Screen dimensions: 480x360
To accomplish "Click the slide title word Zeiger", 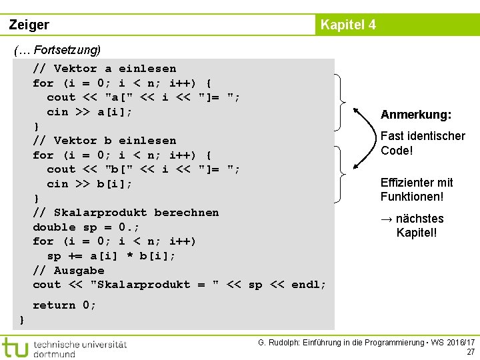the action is [29, 25].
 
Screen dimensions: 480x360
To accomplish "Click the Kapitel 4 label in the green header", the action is [348, 25].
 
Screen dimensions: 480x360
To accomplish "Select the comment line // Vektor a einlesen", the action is [105, 69].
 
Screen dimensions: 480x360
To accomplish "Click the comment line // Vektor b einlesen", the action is [105, 141].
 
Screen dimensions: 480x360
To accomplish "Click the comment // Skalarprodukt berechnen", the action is [126, 213].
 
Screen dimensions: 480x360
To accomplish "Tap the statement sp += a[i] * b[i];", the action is [111, 256].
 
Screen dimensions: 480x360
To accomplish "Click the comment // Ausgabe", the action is [69, 271].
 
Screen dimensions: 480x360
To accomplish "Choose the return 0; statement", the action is [65, 305].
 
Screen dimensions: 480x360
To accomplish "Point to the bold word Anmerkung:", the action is [416, 115].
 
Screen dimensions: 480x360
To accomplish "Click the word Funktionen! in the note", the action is [412, 197].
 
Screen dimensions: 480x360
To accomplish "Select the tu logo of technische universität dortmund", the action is [15, 347].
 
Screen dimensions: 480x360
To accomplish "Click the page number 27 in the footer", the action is [471, 352].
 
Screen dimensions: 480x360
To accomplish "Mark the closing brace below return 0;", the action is [22, 321].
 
